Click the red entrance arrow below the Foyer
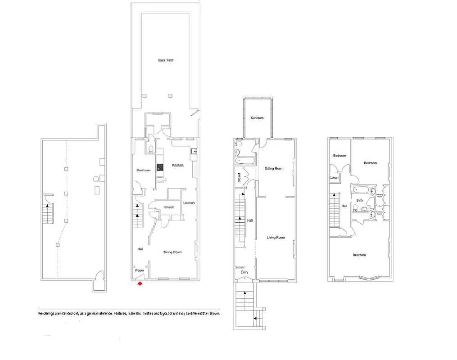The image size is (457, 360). coord(140,284)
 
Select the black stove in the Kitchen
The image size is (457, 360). coord(159,167)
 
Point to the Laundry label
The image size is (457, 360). coord(189,203)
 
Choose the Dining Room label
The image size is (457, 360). coord(172,252)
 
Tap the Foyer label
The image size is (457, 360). coord(140,270)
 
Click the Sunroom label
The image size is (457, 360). coord(257,118)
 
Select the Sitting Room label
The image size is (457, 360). coord(274,168)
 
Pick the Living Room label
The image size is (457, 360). coord(276,238)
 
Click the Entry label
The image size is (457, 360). coord(244,272)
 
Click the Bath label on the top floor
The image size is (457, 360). coord(360,200)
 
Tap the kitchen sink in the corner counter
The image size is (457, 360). coord(194,152)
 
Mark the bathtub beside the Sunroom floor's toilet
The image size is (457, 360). coord(244,160)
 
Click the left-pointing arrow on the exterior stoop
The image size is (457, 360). coord(255,318)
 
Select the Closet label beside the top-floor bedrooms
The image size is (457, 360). coord(334,178)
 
